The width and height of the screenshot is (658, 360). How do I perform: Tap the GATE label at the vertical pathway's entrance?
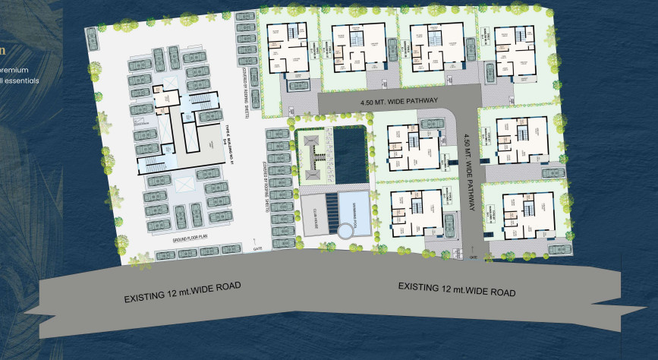point(474,256)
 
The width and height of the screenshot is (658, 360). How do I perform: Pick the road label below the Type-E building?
point(182,292)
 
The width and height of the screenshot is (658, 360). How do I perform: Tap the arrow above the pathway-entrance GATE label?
point(473,248)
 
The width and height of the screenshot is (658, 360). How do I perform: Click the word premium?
point(14,70)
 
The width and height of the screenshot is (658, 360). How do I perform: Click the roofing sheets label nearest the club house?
point(269,169)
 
